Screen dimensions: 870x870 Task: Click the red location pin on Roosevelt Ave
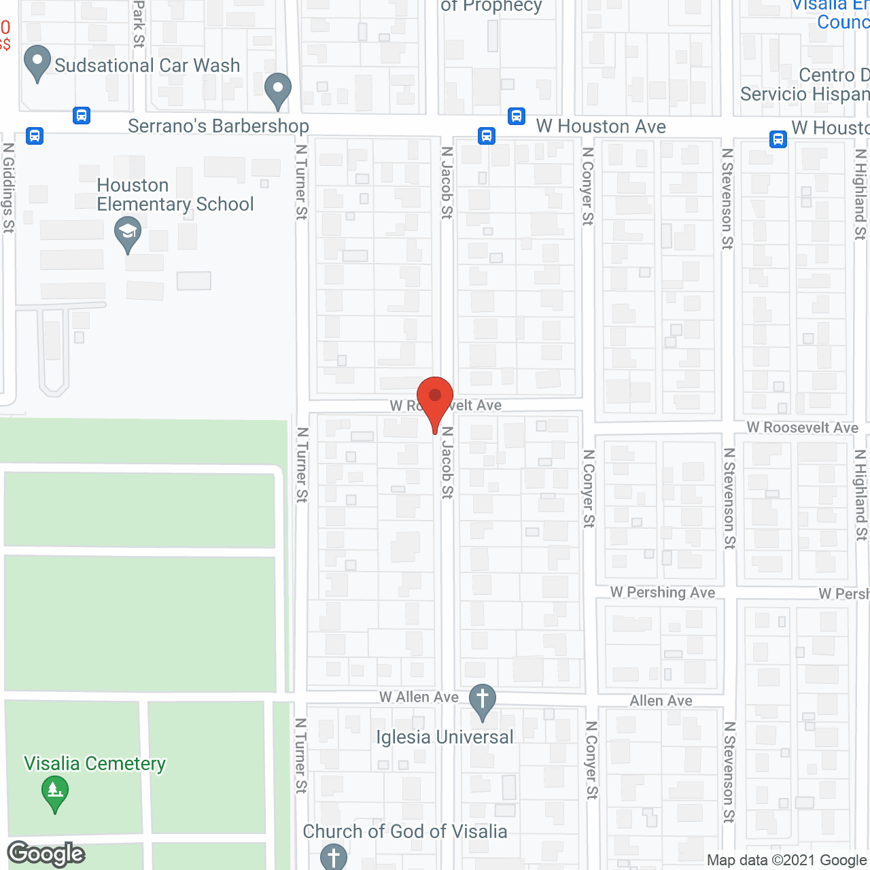pos(435,397)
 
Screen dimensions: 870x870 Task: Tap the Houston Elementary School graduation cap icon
pos(127,232)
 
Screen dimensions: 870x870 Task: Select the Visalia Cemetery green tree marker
pos(55,793)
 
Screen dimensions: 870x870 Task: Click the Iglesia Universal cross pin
pos(483,700)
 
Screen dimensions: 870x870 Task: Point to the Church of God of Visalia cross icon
pos(333,856)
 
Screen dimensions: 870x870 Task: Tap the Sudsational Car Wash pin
pos(37,63)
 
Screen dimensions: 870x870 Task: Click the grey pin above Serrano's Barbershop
pos(277,89)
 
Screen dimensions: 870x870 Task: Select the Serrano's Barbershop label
pos(218,126)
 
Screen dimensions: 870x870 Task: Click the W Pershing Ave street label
pos(663,593)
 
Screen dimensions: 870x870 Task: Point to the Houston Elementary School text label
pos(175,195)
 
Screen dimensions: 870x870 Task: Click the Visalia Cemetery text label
pos(95,764)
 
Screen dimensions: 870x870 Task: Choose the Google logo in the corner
pos(46,854)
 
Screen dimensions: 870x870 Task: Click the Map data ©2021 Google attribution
pos(787,860)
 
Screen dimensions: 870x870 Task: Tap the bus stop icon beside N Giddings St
pos(35,136)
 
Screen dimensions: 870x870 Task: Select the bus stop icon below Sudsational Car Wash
pos(82,116)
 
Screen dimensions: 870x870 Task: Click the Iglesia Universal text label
pos(445,737)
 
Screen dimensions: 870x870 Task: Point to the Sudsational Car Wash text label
pos(147,65)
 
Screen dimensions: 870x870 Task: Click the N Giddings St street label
pos(8,188)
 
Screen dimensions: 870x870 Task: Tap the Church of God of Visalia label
pos(405,831)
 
